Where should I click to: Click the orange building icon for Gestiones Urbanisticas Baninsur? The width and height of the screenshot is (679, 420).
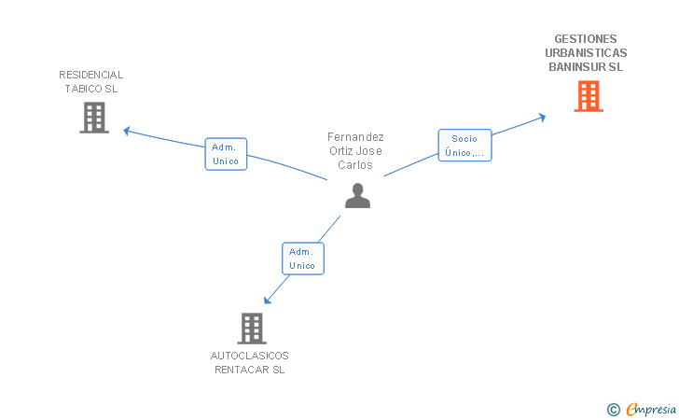pos(588,96)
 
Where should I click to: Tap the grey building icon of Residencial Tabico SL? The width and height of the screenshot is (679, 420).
pos(93,118)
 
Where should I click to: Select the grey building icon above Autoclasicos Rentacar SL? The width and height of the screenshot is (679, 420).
pos(252,329)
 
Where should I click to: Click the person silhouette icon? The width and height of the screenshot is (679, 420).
pos(357,195)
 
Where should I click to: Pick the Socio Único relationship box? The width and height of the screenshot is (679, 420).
pos(464,146)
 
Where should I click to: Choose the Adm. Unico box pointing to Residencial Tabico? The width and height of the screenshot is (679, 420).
pos(226,154)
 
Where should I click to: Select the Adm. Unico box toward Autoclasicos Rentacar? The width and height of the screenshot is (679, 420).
pos(302,259)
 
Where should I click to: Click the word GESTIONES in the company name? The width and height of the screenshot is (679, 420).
pos(586,39)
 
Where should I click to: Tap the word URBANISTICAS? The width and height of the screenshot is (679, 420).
pos(586,53)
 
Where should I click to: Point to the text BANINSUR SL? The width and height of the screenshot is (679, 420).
pos(586,67)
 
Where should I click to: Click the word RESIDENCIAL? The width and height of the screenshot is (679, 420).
pos(91,75)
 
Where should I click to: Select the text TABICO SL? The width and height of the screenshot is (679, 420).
pos(91,89)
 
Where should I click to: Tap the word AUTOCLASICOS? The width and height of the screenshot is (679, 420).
pos(250,356)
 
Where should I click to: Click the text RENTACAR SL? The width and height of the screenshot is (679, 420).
pos(250,370)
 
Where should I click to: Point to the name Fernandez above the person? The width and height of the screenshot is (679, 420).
pos(355,137)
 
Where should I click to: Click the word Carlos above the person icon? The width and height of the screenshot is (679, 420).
pos(355,165)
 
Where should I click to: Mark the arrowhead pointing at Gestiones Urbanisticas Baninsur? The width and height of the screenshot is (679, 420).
pos(542,117)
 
